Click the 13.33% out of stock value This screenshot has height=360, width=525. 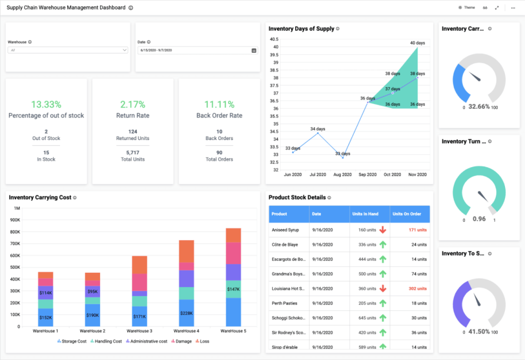click(x=46, y=104)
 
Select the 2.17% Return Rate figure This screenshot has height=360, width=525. click(x=133, y=104)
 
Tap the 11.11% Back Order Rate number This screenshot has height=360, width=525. click(x=219, y=104)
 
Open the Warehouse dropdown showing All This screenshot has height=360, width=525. click(x=68, y=50)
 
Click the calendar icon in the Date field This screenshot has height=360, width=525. click(x=254, y=50)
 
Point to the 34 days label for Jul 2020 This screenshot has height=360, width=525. click(x=317, y=129)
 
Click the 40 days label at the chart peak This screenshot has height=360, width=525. click(x=417, y=43)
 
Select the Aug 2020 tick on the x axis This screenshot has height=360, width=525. click(x=342, y=175)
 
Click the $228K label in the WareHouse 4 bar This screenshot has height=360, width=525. click(x=187, y=313)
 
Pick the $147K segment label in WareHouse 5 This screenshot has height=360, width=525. click(x=233, y=289)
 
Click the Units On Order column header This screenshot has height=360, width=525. click(x=407, y=214)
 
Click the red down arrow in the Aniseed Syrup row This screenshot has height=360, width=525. click(x=382, y=230)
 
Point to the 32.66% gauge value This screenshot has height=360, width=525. click(x=479, y=107)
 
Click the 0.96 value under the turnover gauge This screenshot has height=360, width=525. click(x=479, y=219)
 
